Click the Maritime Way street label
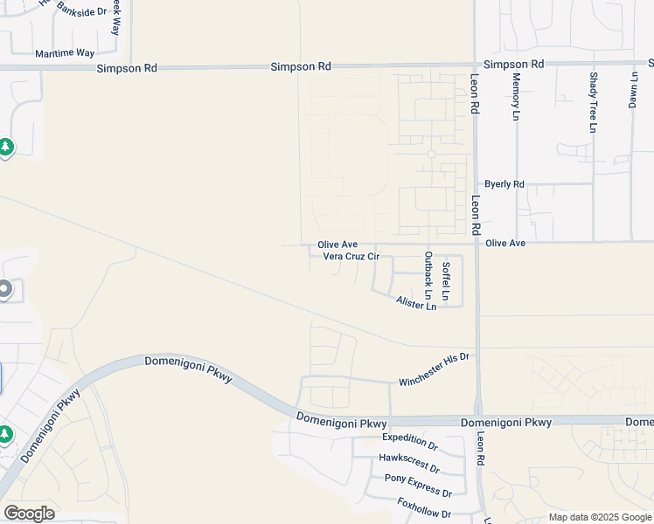point(65,53)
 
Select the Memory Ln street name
point(516,96)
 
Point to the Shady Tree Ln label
point(593,102)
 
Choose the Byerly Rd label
point(504,184)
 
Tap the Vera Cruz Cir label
point(351,256)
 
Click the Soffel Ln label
point(446,282)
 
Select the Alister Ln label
point(415,303)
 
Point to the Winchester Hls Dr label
point(435,369)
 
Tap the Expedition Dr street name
point(409,441)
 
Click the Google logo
point(29,514)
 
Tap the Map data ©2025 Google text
point(599,517)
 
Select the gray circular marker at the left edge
point(4,289)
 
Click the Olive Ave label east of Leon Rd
point(505,243)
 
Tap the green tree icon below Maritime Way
point(6,147)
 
